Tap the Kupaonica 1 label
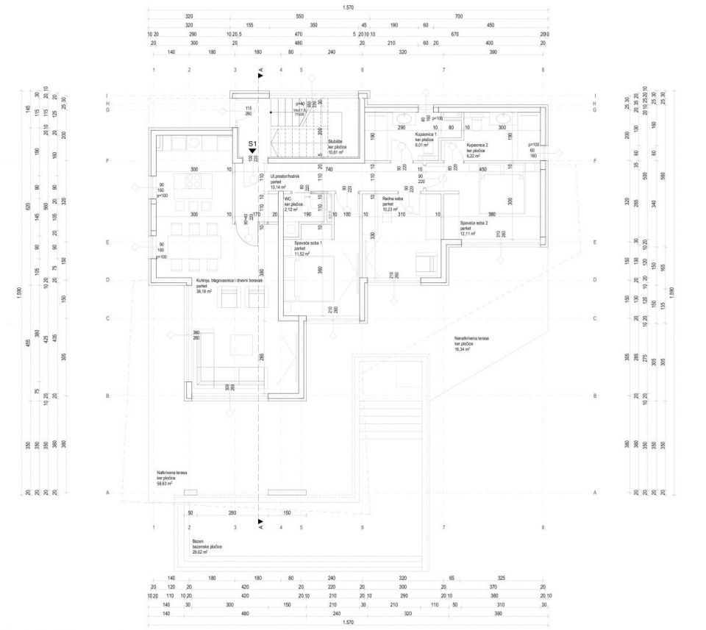click(x=427, y=135)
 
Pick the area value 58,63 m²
click(x=164, y=484)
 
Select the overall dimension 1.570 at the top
click(x=351, y=8)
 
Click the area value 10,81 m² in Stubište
click(x=338, y=152)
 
